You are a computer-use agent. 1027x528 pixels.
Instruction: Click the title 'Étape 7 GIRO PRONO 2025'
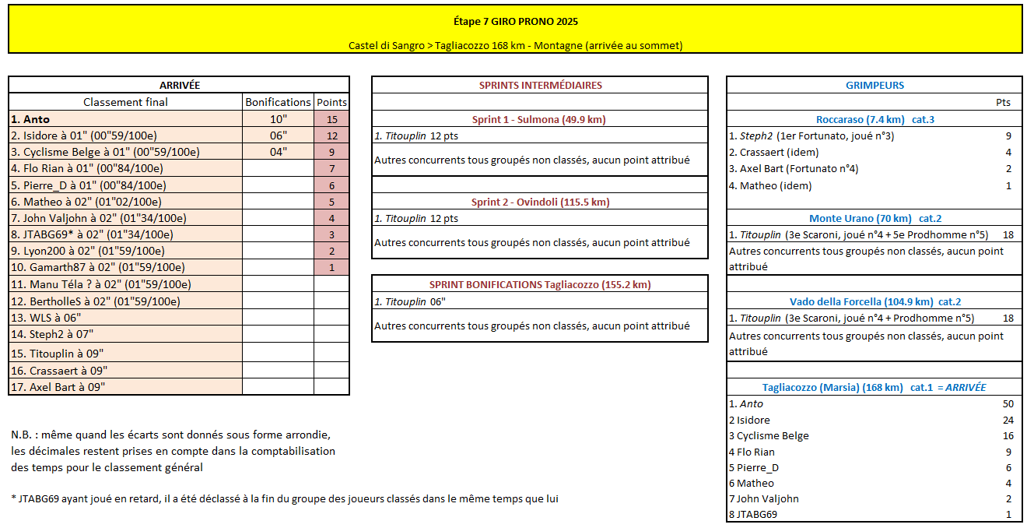(x=515, y=21)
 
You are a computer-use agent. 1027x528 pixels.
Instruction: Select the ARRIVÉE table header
(x=179, y=85)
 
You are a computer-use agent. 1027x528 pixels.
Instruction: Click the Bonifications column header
(x=278, y=102)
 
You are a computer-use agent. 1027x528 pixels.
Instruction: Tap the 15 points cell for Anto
(x=332, y=119)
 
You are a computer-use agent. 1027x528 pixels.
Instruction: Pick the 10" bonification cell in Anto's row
(x=278, y=119)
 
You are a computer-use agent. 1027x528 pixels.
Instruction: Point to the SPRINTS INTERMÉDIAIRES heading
(x=540, y=85)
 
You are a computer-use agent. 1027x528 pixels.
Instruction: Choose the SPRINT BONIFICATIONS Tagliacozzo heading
(x=540, y=284)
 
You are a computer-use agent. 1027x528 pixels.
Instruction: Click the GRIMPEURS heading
(x=875, y=85)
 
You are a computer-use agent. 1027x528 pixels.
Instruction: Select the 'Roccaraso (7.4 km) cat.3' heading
(x=875, y=119)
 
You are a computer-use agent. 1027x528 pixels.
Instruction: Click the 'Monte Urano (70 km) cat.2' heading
(x=875, y=218)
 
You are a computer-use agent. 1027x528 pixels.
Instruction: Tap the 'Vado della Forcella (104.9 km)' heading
(x=875, y=301)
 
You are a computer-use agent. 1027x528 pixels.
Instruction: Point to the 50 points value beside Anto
(x=1008, y=403)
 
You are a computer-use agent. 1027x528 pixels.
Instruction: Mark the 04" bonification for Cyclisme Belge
(x=278, y=152)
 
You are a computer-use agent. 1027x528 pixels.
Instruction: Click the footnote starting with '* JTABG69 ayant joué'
(x=285, y=498)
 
